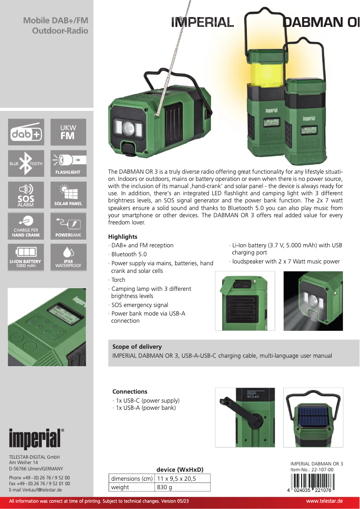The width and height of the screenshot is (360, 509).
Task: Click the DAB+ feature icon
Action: coord(26,132)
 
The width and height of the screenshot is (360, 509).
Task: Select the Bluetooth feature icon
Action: coord(26,163)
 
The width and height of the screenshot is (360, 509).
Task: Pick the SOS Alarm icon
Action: coord(26,195)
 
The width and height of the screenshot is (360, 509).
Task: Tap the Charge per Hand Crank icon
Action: coord(26,226)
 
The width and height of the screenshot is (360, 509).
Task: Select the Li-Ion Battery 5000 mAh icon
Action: coord(26,257)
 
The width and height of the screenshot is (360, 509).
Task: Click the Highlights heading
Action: coord(123,237)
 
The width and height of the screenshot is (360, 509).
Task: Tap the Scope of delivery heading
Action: coord(137,347)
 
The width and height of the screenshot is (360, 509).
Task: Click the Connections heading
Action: coord(130,391)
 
